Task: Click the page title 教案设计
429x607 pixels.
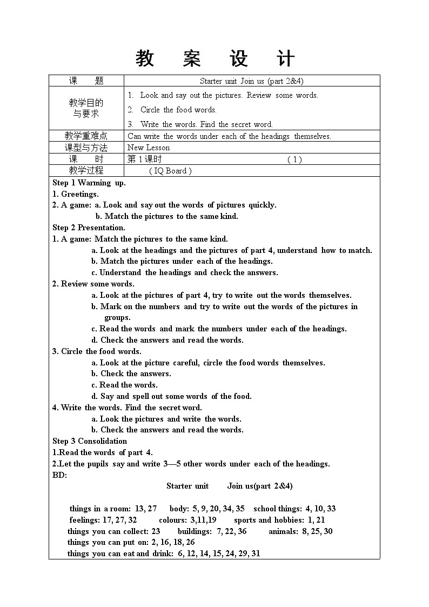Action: tap(215, 59)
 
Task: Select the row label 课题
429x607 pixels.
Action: tap(86, 81)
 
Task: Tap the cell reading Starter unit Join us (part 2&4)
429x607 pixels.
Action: tap(251, 81)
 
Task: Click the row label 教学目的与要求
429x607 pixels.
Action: tap(86, 108)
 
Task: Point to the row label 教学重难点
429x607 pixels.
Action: tap(86, 136)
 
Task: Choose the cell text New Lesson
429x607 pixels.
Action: tap(149, 148)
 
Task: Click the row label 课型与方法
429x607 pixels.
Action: tap(86, 148)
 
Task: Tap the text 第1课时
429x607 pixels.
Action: tap(144, 159)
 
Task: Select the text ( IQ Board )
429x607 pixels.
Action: tap(170, 171)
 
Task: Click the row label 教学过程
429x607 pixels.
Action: tap(86, 171)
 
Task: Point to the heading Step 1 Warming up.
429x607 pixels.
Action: tap(89, 183)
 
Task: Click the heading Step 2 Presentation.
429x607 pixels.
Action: tap(89, 228)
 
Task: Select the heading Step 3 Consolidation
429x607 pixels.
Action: tap(90, 441)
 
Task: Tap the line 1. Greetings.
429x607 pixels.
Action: tap(76, 194)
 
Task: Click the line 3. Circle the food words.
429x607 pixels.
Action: tap(97, 351)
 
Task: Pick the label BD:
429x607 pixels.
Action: tap(59, 475)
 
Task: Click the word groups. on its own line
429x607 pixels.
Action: tap(117, 318)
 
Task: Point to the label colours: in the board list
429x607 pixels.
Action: tap(173, 520)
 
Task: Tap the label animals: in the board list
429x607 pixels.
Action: tap(283, 531)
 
